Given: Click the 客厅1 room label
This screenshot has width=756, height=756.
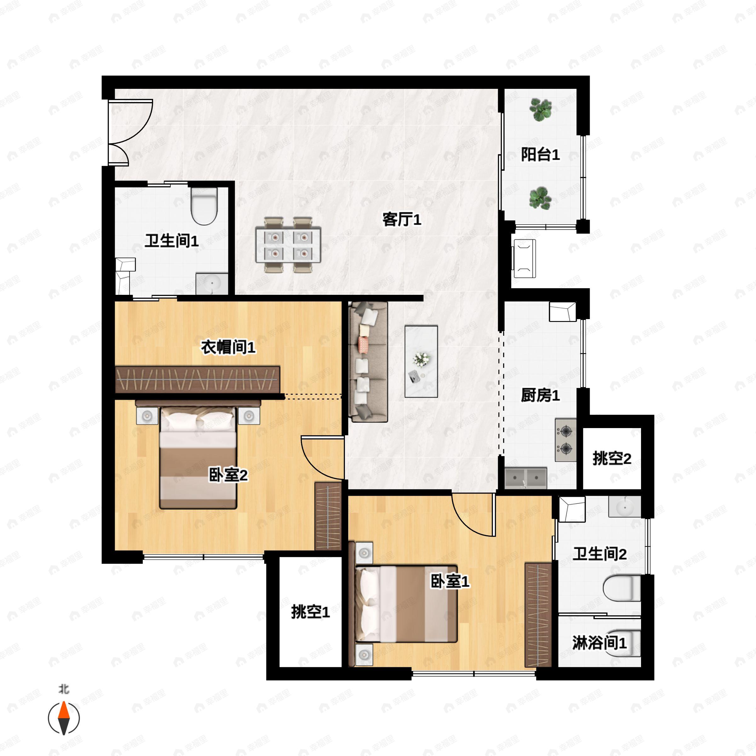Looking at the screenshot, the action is pos(402,220).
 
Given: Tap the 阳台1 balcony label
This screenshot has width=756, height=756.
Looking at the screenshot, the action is pos(541,155).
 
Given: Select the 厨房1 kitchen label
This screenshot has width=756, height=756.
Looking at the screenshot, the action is pos(541,395).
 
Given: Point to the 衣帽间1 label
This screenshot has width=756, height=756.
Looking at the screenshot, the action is pos(228,347).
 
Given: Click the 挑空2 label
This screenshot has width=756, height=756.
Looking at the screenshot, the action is pos(612,458).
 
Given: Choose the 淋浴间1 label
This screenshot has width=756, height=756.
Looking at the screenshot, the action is pos(599,643).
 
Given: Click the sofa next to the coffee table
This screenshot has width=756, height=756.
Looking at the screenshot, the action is pos(368,362).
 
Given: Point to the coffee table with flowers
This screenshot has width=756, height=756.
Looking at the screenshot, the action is pos(421,361).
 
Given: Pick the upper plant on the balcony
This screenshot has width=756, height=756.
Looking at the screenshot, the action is pos(541,109).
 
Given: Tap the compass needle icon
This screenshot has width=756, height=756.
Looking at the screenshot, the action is pos(64,719).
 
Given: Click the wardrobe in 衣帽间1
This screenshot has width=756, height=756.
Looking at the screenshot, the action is pos(198,379).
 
